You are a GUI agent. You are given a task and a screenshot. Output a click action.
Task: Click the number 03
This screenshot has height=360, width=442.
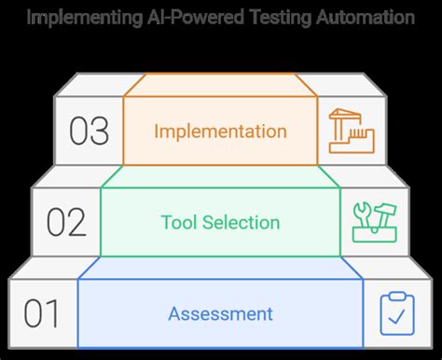(89, 132)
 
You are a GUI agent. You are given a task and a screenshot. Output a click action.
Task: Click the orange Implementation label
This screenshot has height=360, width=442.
(220, 132)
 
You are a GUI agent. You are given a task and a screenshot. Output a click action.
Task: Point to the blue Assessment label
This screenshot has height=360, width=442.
(221, 313)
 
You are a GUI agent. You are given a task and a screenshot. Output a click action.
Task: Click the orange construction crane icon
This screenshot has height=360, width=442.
(351, 132)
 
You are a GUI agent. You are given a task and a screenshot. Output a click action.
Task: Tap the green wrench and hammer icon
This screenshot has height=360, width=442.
(372, 222)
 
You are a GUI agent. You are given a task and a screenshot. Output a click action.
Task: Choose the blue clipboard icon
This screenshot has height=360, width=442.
(396, 313)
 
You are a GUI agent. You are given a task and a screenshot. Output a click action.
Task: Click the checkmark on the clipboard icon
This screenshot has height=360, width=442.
(396, 319)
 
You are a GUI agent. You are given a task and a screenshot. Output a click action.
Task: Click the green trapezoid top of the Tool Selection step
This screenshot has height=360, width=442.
(220, 177)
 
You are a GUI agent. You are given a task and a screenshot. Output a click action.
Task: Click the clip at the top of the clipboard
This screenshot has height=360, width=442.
(396, 296)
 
